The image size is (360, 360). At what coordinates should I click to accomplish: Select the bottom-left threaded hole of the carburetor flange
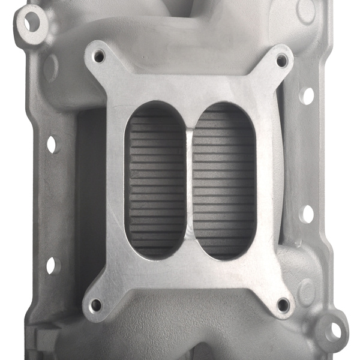click(x=96, y=305)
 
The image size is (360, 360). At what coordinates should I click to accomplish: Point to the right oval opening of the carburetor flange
click(x=221, y=180)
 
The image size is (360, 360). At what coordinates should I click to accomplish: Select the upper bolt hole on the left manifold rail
click(x=52, y=144)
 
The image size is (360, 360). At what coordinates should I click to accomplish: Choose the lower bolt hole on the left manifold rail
click(x=50, y=265)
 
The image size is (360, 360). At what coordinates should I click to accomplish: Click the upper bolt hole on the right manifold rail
click(x=308, y=95)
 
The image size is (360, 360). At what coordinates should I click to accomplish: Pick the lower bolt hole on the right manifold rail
click(x=307, y=214)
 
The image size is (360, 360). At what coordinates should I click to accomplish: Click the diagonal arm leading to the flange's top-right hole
click(x=264, y=75)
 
